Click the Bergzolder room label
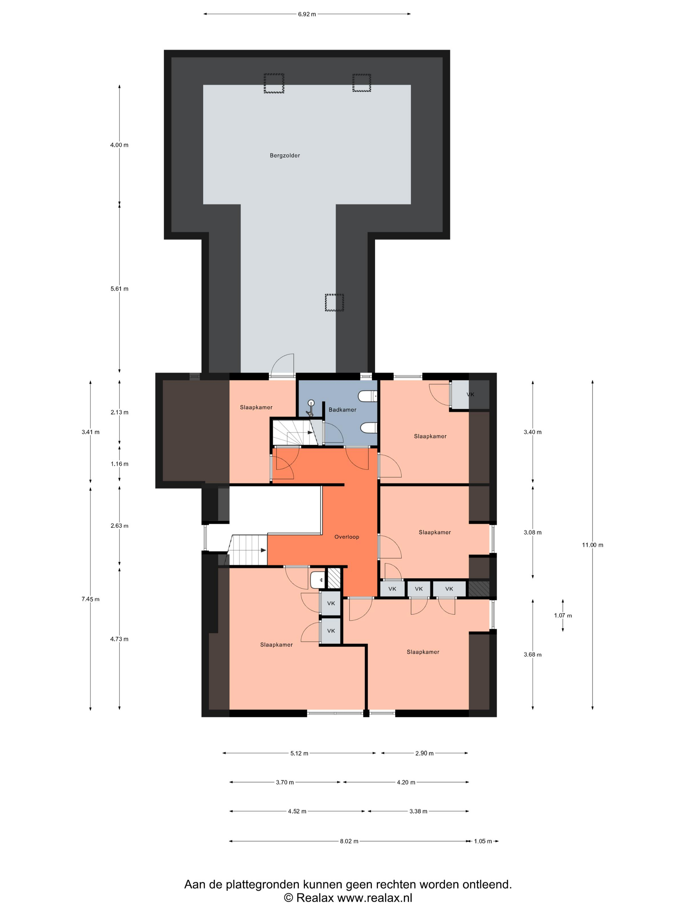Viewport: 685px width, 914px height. tap(284, 155)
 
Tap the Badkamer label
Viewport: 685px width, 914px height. tap(342, 409)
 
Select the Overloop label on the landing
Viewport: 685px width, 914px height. tap(346, 537)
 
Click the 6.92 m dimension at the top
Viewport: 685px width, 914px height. tap(307, 14)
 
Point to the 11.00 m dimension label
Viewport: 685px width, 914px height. tap(592, 544)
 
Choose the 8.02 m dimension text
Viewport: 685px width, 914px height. tap(349, 841)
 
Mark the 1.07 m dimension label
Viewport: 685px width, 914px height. tap(562, 615)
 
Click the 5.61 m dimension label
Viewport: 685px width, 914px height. tap(119, 289)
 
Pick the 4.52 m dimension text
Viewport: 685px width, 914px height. tap(297, 811)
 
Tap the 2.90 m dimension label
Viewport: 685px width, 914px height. tap(424, 753)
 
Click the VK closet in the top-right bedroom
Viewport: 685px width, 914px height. tap(470, 394)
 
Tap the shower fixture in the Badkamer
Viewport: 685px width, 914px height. tap(310, 408)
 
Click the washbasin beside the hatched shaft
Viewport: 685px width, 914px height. tap(317, 580)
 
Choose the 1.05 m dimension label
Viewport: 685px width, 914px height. tap(483, 841)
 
